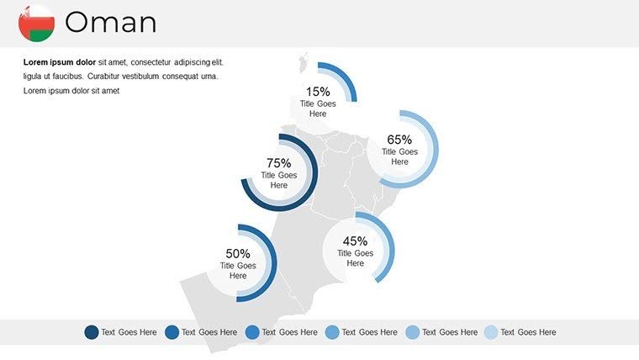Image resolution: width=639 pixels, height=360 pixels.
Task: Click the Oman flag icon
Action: pos(36,23)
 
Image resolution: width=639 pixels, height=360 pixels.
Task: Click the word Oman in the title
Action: pos(110,23)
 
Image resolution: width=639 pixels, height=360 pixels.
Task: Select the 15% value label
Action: pos(318,92)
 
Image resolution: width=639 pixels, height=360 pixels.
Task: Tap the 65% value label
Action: pos(399,140)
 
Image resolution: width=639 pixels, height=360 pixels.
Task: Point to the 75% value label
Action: pos(278,163)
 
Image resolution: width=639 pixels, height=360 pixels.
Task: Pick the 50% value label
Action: pos(238,253)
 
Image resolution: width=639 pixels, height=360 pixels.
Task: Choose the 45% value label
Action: pos(356,241)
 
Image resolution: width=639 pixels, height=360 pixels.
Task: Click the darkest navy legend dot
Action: pos(92,332)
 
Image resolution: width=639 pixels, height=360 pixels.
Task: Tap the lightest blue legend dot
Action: pos(491,332)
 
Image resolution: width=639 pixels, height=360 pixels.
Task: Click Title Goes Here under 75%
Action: pos(278,180)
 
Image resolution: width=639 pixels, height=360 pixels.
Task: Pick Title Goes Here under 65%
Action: pos(399,156)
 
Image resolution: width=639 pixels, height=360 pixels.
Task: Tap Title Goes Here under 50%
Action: pos(238,270)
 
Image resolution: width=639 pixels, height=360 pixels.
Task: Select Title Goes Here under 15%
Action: pos(318,109)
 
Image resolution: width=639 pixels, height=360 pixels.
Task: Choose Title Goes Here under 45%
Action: pos(356,257)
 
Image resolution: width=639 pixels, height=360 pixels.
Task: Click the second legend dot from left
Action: pos(172,332)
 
